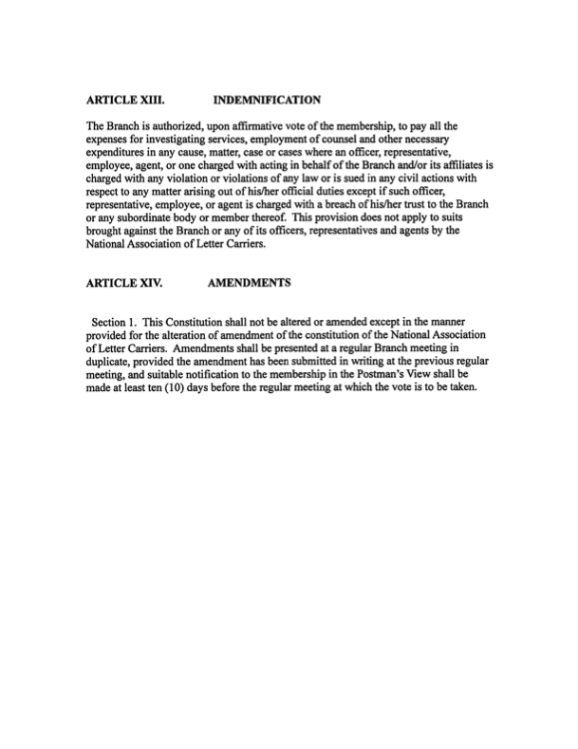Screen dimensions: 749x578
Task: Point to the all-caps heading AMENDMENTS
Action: pos(248,282)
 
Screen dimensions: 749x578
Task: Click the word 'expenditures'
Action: pos(120,150)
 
